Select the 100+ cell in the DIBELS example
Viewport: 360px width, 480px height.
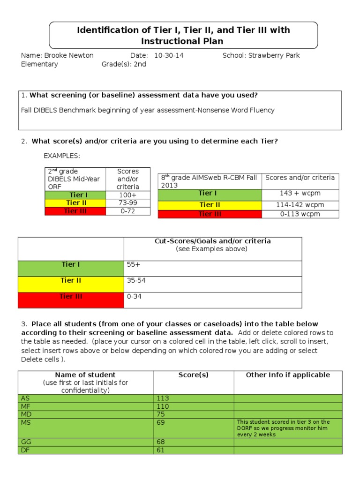[x=127, y=195]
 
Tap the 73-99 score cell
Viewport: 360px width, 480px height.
[x=127, y=202]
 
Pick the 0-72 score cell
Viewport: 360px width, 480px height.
[x=127, y=211]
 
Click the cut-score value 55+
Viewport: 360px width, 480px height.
[x=134, y=265]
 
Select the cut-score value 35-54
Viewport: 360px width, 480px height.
[x=136, y=280]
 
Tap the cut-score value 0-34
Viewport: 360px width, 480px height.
[x=134, y=296]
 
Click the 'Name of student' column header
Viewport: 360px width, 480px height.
[x=85, y=375]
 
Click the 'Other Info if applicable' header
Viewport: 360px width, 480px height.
[x=288, y=375]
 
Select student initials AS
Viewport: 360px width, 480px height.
[x=25, y=398]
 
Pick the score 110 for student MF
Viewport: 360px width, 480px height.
[x=163, y=406]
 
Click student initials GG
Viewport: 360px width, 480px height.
[x=26, y=442]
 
